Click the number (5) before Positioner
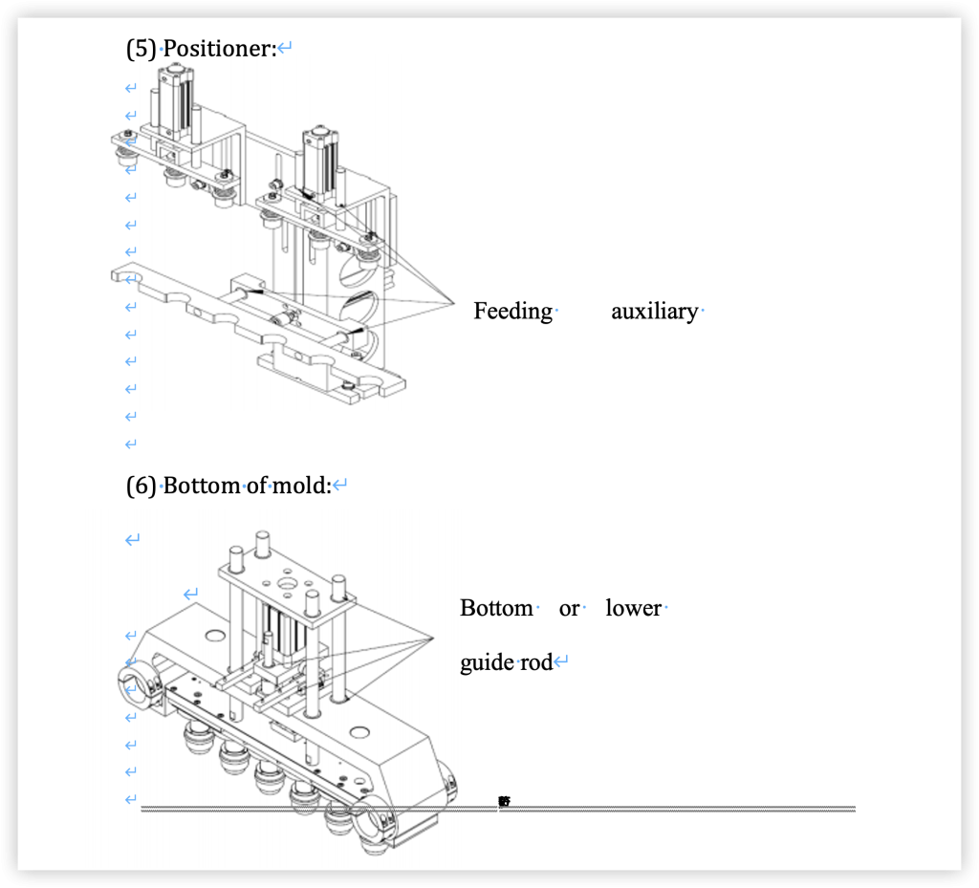point(141,48)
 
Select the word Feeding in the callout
point(512,311)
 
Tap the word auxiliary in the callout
point(654,311)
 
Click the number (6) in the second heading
point(141,486)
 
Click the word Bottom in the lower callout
point(496,608)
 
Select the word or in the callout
point(569,608)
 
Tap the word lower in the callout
point(633,608)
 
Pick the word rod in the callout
point(537,662)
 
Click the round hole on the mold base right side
point(359,732)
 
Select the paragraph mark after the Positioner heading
point(284,48)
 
